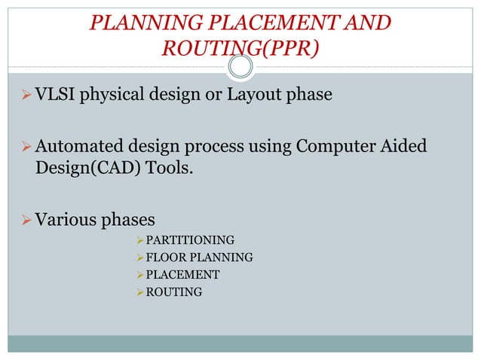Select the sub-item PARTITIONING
coord(189,241)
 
